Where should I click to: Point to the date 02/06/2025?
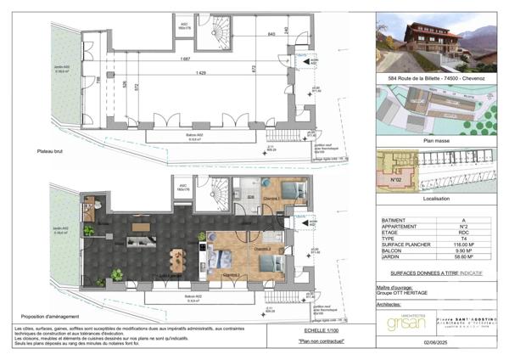pos(481,341)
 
